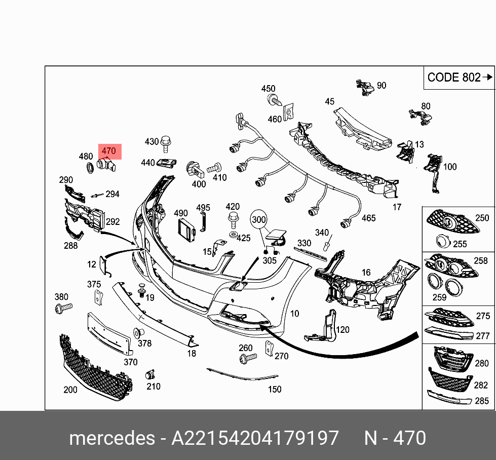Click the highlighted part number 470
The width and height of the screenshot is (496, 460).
click(x=109, y=151)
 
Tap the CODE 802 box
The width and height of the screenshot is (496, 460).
click(x=459, y=78)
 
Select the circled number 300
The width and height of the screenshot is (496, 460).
click(x=258, y=220)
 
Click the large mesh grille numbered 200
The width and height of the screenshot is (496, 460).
click(x=94, y=367)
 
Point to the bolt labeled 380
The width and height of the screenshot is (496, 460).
click(x=64, y=307)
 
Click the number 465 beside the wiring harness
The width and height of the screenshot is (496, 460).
click(x=368, y=218)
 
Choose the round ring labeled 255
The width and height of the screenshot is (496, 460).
click(x=443, y=242)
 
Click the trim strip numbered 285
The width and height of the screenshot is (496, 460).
click(x=448, y=398)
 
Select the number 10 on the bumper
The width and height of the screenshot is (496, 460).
click(x=294, y=314)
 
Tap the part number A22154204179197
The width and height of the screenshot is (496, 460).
click(x=254, y=438)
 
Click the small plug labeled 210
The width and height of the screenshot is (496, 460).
click(x=150, y=375)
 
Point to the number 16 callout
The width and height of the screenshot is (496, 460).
click(x=366, y=273)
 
